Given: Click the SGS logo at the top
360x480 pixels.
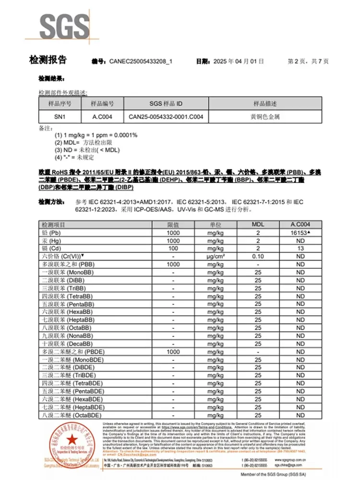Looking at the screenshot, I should point(64,26).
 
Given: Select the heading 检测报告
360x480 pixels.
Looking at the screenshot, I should point(48,60).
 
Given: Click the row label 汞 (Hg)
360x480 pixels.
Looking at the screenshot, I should point(53,240).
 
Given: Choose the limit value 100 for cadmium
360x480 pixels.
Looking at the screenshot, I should point(173,249).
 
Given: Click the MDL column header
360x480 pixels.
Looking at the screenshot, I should point(258,225).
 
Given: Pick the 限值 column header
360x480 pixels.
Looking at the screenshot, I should point(173,225).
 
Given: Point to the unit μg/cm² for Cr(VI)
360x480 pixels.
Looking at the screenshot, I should point(216,257).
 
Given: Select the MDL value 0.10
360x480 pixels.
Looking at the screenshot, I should point(258,257).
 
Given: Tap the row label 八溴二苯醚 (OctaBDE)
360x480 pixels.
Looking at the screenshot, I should point(71,415).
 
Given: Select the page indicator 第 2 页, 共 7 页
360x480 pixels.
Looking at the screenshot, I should point(308,61).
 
